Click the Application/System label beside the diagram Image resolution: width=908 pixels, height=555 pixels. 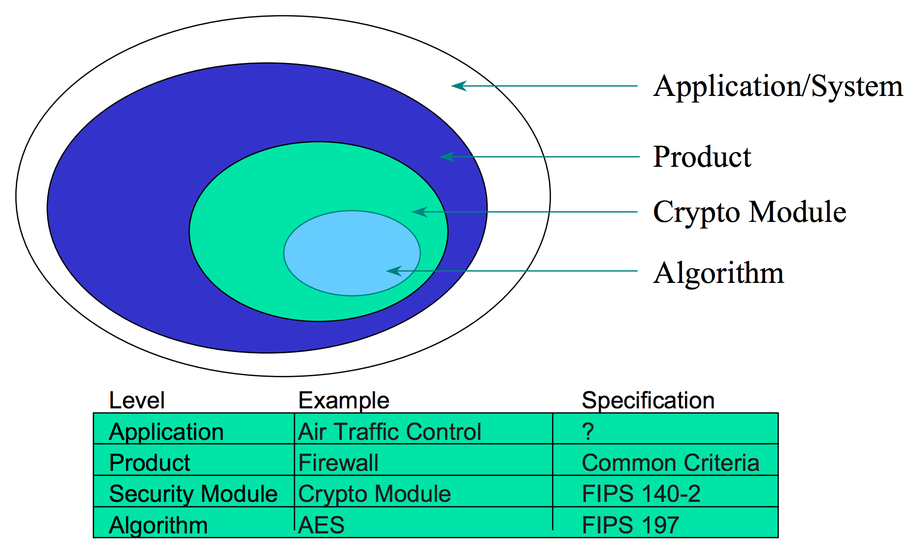pyautogui.click(x=778, y=87)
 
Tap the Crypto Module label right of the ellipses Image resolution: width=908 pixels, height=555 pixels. pyautogui.click(x=749, y=213)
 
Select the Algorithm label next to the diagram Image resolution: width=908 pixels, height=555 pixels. pyautogui.click(x=718, y=273)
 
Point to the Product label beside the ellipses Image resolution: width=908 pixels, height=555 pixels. pyautogui.click(x=702, y=157)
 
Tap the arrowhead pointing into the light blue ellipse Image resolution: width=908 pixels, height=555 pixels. pyautogui.click(x=394, y=271)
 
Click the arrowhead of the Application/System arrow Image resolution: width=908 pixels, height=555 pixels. pyautogui.click(x=459, y=86)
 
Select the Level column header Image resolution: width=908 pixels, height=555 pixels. pyautogui.click(x=136, y=401)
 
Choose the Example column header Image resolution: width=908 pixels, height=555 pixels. pyautogui.click(x=344, y=401)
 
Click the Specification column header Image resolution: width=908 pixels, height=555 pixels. pyautogui.click(x=648, y=401)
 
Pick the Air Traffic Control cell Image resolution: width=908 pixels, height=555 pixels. pyautogui.click(x=389, y=432)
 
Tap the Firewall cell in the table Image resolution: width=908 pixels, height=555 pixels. pyautogui.click(x=338, y=463)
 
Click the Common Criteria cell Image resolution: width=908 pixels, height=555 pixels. pyautogui.click(x=671, y=463)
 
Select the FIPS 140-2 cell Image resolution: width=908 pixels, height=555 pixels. pyautogui.click(x=641, y=494)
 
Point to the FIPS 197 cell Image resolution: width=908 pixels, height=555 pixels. pyautogui.click(x=630, y=525)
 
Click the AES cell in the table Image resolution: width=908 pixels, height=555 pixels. pyautogui.click(x=321, y=525)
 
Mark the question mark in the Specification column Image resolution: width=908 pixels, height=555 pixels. pyautogui.click(x=588, y=432)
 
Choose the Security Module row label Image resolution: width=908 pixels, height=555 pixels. pyautogui.click(x=193, y=494)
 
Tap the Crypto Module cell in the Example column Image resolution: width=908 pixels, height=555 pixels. pyautogui.click(x=374, y=494)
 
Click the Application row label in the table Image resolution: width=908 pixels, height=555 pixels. pyautogui.click(x=166, y=432)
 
